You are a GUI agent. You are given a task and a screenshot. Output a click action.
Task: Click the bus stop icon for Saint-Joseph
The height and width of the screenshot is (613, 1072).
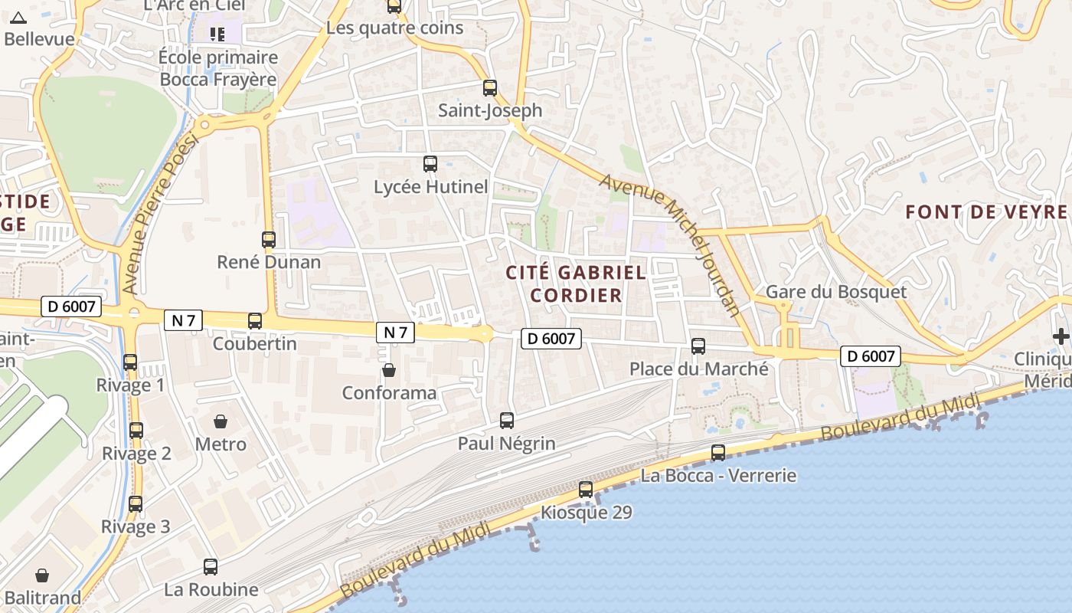click(490, 88)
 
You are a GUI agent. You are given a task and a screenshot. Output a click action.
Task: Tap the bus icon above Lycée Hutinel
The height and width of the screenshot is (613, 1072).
click(430, 163)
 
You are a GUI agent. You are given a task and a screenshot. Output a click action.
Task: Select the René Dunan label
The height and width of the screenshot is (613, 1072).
click(269, 262)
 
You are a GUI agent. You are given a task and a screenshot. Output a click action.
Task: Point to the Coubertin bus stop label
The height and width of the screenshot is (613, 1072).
click(254, 343)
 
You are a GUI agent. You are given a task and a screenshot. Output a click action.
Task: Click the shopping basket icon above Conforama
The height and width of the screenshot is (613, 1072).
click(389, 371)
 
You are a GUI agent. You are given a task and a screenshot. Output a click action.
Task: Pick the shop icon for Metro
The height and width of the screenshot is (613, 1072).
click(221, 421)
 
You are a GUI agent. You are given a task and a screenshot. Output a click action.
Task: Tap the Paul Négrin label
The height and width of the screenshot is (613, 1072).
click(506, 443)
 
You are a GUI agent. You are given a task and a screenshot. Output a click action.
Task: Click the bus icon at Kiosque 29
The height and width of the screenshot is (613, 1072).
click(586, 490)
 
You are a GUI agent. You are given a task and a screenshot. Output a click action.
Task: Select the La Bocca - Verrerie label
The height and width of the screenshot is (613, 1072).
click(718, 476)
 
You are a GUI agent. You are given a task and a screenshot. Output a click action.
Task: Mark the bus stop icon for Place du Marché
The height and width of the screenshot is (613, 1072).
click(698, 346)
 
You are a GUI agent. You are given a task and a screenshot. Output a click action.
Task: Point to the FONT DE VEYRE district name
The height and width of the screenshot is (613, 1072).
click(986, 212)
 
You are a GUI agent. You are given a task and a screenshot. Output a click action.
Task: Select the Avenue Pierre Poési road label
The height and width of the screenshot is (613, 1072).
click(159, 213)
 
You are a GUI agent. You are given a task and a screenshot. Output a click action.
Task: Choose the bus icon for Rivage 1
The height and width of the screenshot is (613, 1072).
click(130, 362)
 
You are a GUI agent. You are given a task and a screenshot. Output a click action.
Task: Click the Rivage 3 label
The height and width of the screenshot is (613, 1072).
click(136, 527)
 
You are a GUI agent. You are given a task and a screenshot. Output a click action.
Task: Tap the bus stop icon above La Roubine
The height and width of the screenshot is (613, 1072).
click(211, 567)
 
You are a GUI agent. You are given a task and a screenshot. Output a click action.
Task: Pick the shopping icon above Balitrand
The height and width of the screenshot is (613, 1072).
click(42, 575)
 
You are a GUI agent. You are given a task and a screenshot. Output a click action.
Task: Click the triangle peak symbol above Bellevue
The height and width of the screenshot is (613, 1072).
click(18, 18)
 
